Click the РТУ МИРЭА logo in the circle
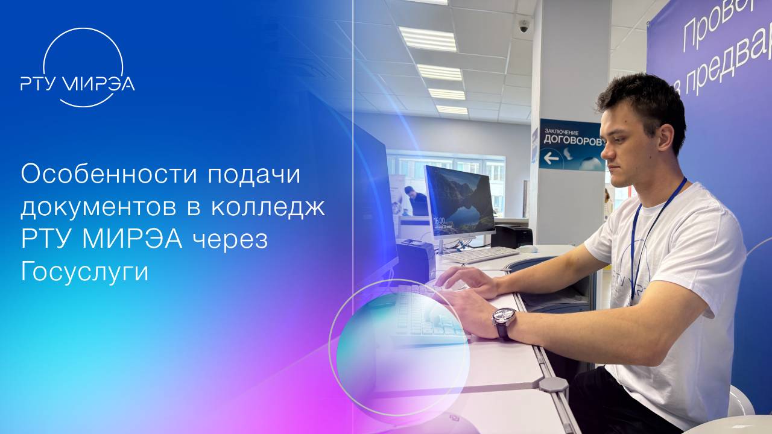pyautogui.click(x=77, y=83)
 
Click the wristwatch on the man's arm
pyautogui.click(x=504, y=319)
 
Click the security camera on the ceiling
pyautogui.click(x=524, y=26)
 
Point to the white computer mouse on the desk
pyautogui.click(x=528, y=248)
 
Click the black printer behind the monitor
pyautogui.click(x=511, y=236)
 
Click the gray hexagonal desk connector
pyautogui.click(x=553, y=385)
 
